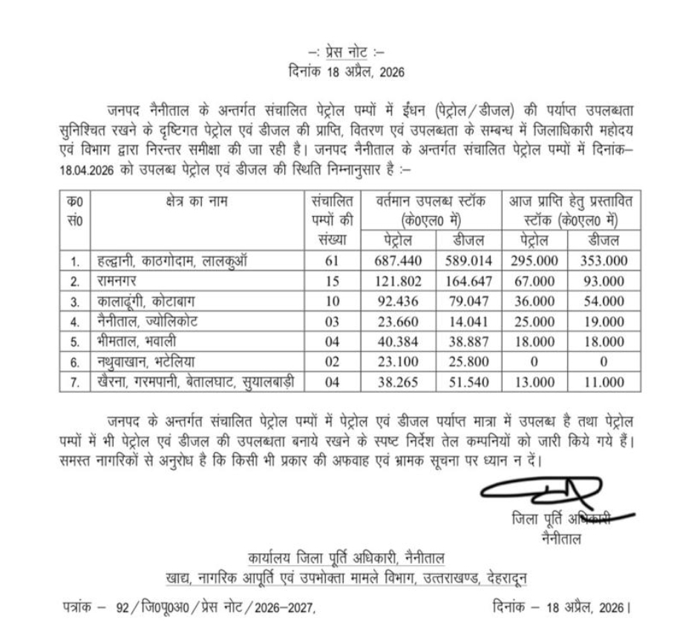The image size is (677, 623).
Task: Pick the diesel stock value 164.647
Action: coord(468,281)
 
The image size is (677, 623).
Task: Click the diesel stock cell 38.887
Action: coord(468,342)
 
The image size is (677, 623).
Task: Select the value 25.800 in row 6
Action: coord(468,362)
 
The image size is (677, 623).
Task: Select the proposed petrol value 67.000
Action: coord(534,281)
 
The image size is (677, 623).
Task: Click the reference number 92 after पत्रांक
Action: coord(122,606)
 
